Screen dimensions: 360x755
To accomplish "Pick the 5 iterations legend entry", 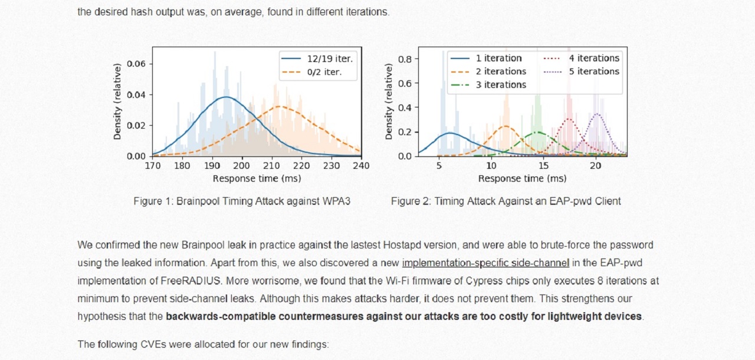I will pyautogui.click(x=593, y=71).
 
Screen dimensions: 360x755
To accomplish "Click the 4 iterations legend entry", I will pyautogui.click(x=593, y=58).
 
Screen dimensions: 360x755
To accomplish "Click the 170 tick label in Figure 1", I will pyautogui.click(x=152, y=166).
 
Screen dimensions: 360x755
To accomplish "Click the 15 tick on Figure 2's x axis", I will pyautogui.click(x=543, y=166).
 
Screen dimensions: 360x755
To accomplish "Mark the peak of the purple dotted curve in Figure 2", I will pyautogui.click(x=597, y=114).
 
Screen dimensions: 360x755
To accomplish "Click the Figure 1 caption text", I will pyautogui.click(x=242, y=201).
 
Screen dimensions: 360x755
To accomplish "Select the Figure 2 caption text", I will pyautogui.click(x=505, y=201).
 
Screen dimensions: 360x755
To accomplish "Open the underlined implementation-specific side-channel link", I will pyautogui.click(x=485, y=263).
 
